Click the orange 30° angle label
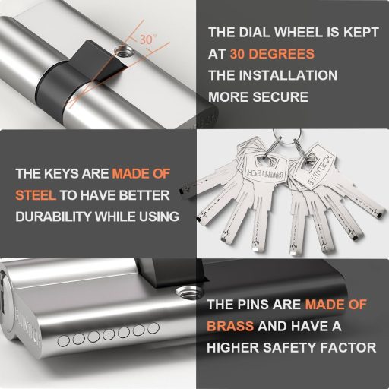148,38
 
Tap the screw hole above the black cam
121,51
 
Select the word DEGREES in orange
282,55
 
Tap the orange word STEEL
36,194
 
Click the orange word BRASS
230,326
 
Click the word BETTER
150,194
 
